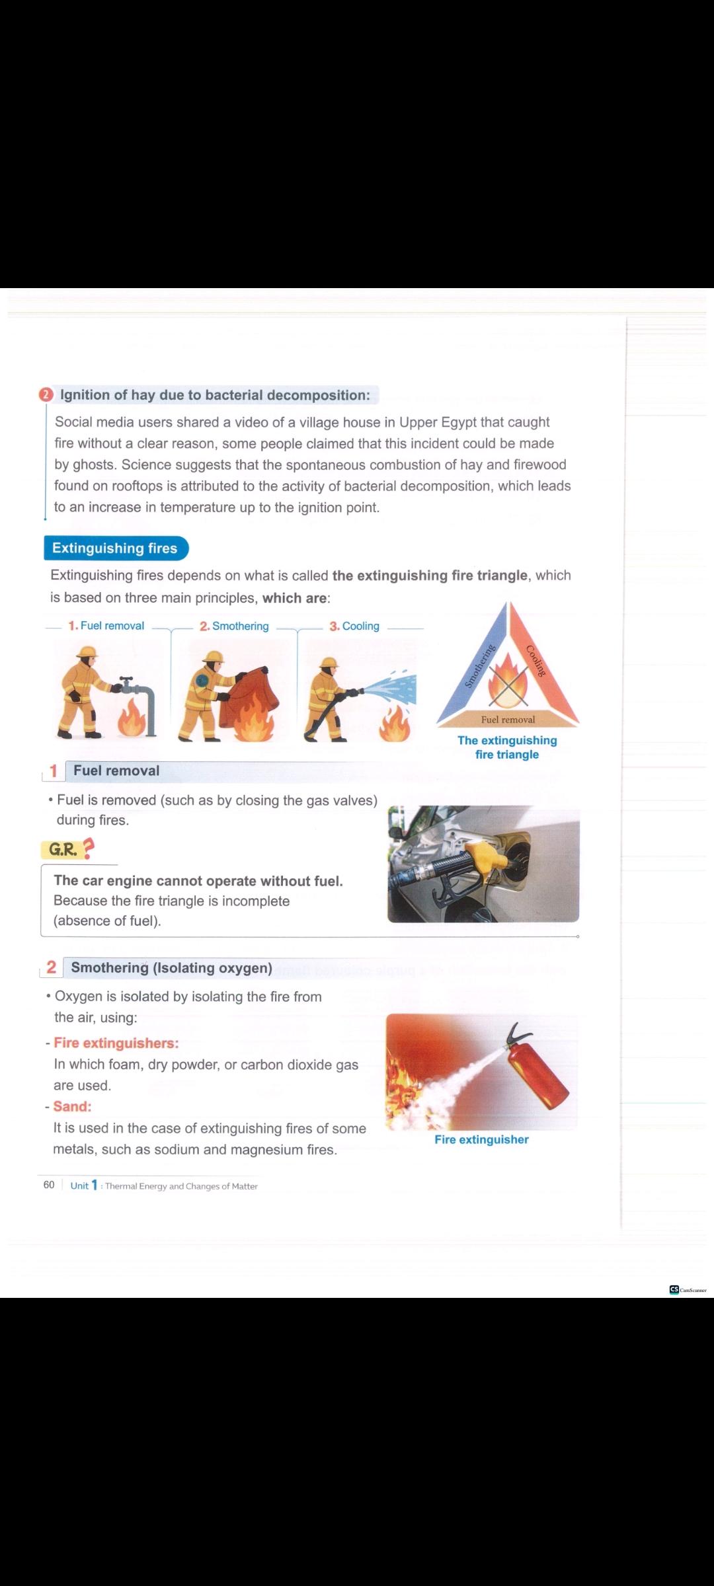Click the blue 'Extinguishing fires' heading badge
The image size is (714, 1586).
(116, 548)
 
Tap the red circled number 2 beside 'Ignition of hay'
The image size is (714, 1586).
(46, 395)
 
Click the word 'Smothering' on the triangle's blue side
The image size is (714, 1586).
(479, 665)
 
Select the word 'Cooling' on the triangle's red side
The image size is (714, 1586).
(536, 660)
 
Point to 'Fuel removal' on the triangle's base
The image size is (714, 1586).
(508, 720)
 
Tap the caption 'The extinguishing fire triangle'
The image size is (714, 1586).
(507, 747)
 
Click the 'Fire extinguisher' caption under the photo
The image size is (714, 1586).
(481, 1139)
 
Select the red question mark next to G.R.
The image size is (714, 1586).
(87, 848)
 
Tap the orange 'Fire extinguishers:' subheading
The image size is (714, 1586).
(116, 1043)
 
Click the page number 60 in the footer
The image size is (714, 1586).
(49, 1185)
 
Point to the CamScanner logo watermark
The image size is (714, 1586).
(688, 1289)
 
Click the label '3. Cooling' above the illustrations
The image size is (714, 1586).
(354, 626)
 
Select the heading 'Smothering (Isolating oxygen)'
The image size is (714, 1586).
(171, 967)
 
